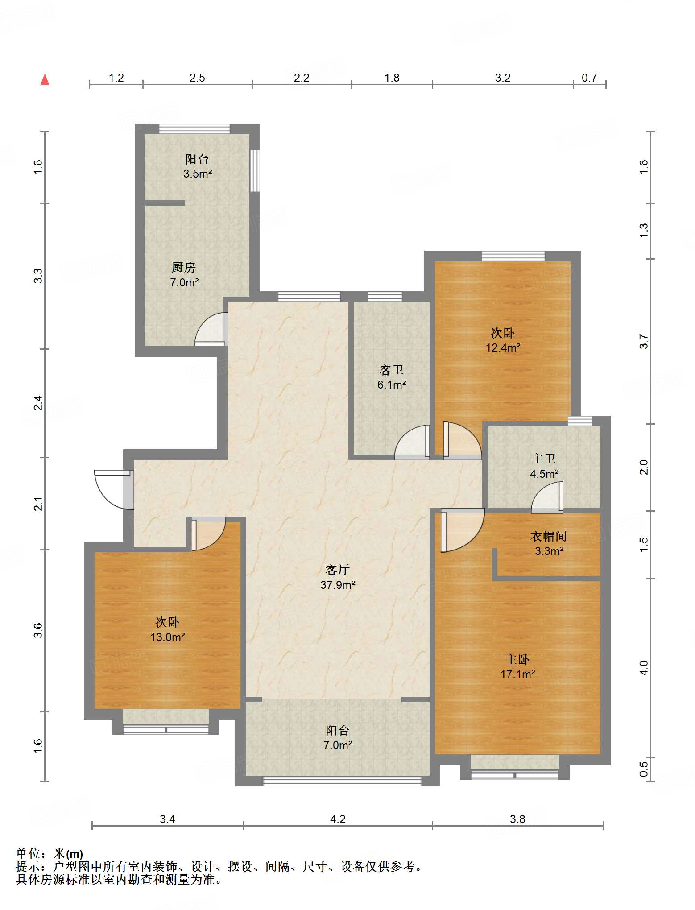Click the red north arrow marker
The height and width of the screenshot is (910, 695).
coord(45,79)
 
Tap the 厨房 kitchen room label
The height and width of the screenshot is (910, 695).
coord(184,267)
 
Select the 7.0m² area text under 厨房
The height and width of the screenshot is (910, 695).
coord(184,282)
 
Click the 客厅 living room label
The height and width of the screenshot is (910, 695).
coord(338,570)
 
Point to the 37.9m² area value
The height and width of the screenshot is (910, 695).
coord(338,584)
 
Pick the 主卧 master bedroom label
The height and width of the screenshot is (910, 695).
coord(517,659)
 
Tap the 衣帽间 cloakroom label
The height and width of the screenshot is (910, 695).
coord(549,536)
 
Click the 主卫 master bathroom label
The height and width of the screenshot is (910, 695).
coord(544,459)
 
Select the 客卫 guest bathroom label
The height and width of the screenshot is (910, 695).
coord(392,370)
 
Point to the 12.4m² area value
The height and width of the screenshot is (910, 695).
coord(503,347)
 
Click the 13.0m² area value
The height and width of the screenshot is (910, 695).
coord(168,637)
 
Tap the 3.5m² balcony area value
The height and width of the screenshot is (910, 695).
coord(198,174)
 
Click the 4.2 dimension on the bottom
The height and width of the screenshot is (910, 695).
coord(338,819)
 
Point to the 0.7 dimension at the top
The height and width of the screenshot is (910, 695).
coord(589,78)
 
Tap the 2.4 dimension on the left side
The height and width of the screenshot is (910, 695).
coord(38,403)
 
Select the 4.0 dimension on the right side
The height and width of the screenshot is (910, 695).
coord(643,667)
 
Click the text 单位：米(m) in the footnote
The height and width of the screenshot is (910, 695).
coord(50,854)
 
